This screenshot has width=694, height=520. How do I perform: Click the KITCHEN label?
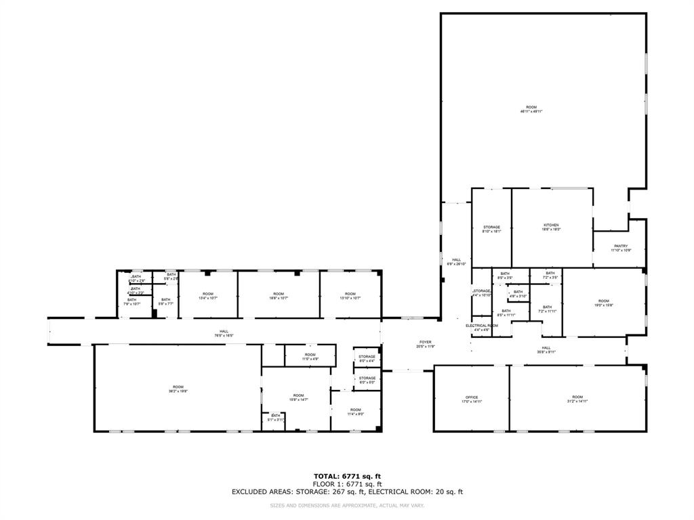pos(551,225)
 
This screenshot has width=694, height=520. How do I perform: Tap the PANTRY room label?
pos(621,246)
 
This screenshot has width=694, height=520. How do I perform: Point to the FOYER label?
pos(425,342)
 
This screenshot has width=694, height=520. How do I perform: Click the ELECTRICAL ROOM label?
pos(482,326)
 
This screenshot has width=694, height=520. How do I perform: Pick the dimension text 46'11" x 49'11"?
pos(531,111)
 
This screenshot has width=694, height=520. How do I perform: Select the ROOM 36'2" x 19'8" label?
pos(178,389)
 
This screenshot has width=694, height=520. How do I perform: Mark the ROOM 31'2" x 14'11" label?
pos(577,399)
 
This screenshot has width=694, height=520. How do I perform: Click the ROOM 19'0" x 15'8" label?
pos(604,303)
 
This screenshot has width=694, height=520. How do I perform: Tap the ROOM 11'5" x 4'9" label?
pos(310,356)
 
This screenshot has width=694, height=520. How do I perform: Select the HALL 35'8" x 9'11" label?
pos(546,349)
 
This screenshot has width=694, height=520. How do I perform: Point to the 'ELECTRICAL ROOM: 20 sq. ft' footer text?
pos(420,492)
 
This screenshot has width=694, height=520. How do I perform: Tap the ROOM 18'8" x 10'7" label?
pos(279,295)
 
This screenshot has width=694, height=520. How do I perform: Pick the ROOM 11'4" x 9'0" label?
pos(356,412)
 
